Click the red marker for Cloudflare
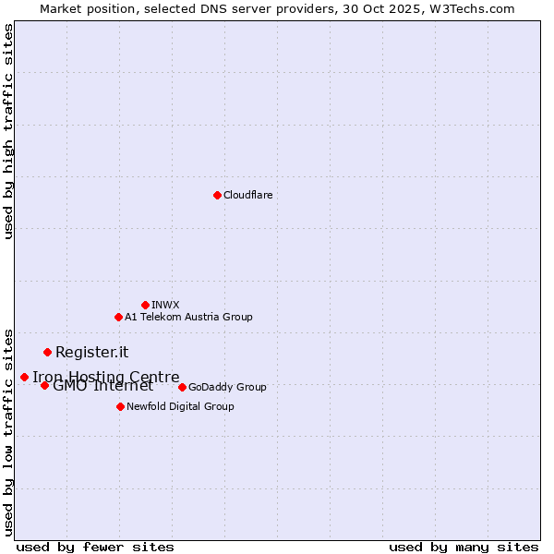click(x=217, y=195)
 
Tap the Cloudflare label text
click(x=248, y=195)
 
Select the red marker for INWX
click(x=145, y=305)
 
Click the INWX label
click(x=165, y=305)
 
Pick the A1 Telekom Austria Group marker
click(x=118, y=317)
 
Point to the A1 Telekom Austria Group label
click(x=188, y=317)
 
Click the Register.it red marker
click(x=47, y=352)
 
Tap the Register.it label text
click(x=91, y=352)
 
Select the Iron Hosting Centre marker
click(x=24, y=377)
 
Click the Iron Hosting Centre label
click(x=106, y=377)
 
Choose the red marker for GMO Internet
click(x=44, y=385)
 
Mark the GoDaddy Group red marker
click(x=182, y=387)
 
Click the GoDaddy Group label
click(x=227, y=387)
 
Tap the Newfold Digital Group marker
click(x=120, y=406)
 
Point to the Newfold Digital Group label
click(x=180, y=406)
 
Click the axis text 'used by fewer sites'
click(x=95, y=547)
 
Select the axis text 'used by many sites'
click(x=464, y=547)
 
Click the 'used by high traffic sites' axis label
click(x=8, y=131)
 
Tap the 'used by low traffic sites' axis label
click(x=8, y=431)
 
